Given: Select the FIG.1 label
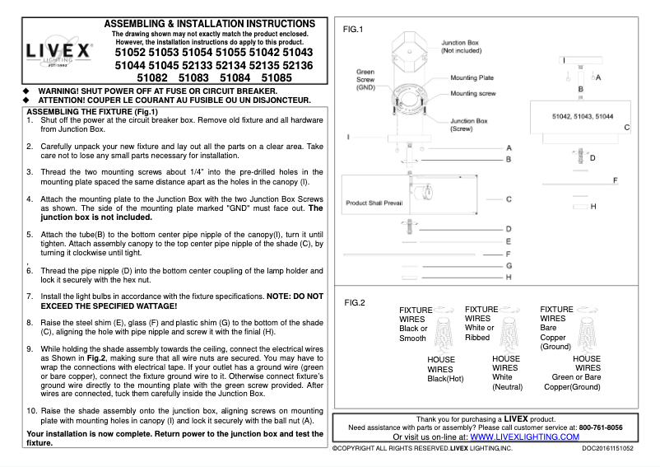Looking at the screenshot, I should pos(353,30).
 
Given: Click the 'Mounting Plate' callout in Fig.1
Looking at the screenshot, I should pos(472,77).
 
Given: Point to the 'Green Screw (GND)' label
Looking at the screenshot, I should pos(366,79).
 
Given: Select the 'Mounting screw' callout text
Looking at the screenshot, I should pos(472,94).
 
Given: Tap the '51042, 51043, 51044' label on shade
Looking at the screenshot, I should pos(581,118).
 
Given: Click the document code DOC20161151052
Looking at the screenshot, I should pos(607,449).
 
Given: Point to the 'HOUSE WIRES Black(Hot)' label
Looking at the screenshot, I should pos(445,369).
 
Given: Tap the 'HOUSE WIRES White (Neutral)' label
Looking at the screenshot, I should pos(507,372).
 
